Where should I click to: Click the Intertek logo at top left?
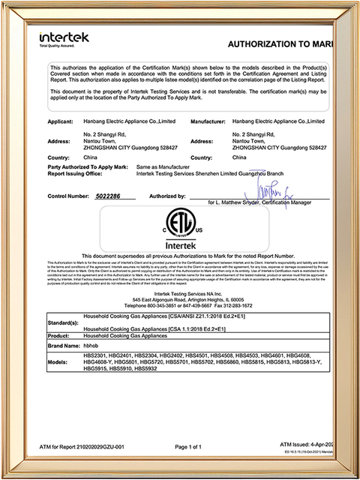(62, 38)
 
